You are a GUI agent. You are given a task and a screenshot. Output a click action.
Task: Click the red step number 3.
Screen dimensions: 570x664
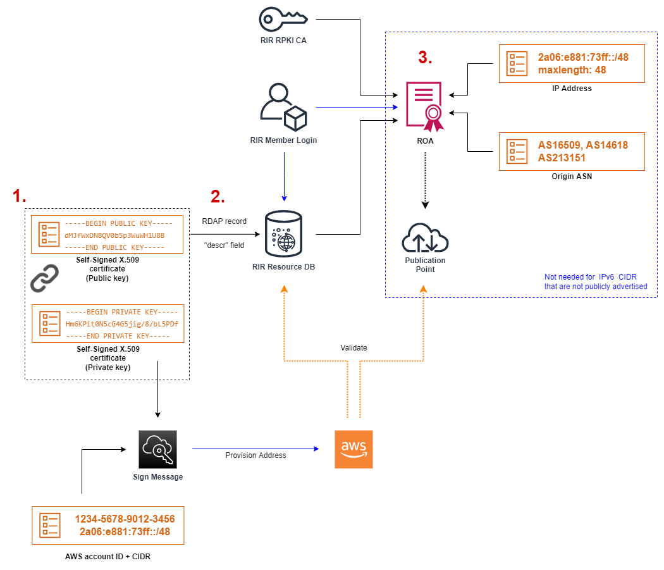pos(426,58)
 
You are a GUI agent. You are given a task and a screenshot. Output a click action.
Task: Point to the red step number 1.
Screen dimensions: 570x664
pos(20,197)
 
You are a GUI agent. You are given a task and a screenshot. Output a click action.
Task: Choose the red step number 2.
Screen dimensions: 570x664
pos(218,197)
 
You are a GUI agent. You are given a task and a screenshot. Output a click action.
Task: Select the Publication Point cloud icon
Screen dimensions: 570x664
pos(425,239)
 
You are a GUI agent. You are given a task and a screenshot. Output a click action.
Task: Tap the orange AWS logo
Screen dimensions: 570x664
pos(354,449)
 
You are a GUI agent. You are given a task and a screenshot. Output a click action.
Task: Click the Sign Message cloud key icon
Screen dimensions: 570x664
pos(157,449)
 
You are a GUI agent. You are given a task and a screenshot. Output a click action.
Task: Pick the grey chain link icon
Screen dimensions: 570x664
pos(44,278)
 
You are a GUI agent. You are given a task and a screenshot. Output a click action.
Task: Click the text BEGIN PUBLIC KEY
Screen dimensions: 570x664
pos(119,223)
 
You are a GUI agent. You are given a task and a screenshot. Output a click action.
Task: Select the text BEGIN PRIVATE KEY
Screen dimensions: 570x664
pos(122,312)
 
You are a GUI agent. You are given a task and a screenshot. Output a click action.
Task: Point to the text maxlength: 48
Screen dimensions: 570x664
pos(572,70)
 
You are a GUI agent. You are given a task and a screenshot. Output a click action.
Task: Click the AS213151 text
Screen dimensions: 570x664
pos(562,158)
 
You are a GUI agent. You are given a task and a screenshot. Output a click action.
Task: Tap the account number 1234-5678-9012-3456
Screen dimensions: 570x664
pos(125,519)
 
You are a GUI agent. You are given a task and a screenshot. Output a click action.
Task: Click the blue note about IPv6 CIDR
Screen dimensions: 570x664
pos(595,282)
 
